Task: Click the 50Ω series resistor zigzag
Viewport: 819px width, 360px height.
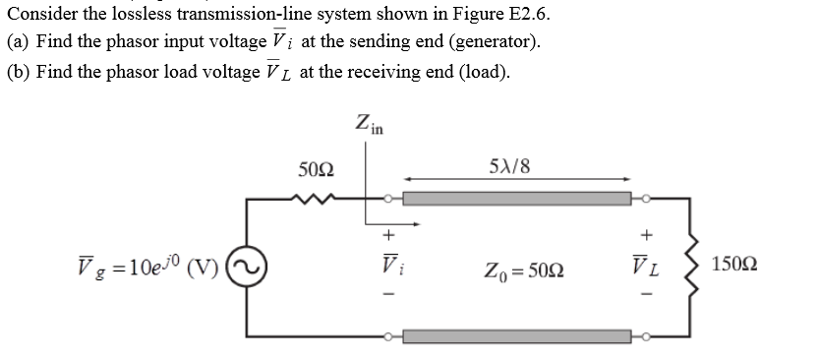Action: click(318, 198)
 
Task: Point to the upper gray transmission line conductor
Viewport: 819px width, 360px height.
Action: click(516, 199)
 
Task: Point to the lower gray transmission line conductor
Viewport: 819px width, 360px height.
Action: click(516, 336)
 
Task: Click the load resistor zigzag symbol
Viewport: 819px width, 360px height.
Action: click(705, 267)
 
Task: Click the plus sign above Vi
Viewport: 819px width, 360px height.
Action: click(387, 235)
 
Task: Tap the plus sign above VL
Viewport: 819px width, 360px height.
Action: click(646, 235)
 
